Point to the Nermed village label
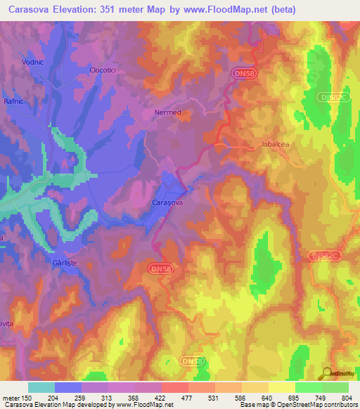click(167, 112)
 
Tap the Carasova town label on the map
click(167, 202)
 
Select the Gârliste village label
click(74, 258)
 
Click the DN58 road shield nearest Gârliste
click(162, 269)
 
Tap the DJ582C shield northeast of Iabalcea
click(333, 98)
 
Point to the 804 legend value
click(340, 398)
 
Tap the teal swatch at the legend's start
click(41, 387)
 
